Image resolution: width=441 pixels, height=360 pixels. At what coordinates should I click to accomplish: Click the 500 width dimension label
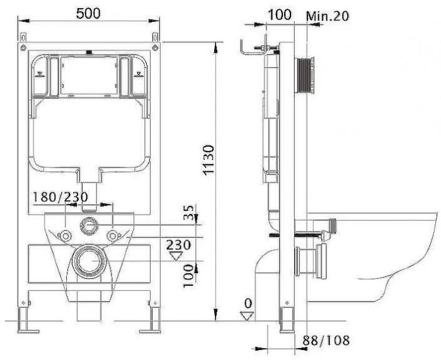[x=88, y=13]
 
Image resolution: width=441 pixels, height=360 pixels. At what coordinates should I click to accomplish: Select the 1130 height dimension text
[x=209, y=160]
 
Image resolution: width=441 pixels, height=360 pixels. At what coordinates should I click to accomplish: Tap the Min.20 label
[x=328, y=16]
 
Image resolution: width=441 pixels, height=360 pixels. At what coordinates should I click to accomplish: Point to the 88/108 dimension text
[x=326, y=340]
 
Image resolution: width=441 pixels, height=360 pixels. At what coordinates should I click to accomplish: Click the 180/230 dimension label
[x=60, y=197]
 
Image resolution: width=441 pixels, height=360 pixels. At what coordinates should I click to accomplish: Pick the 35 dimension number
[x=189, y=212]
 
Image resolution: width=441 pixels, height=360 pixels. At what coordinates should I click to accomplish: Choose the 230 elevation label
[x=178, y=245]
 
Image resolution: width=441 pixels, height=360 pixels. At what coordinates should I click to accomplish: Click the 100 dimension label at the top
[x=279, y=14]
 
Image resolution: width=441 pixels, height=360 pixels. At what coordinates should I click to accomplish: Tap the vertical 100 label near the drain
[x=189, y=276]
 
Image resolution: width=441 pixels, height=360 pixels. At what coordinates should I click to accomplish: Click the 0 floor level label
[x=248, y=303]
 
